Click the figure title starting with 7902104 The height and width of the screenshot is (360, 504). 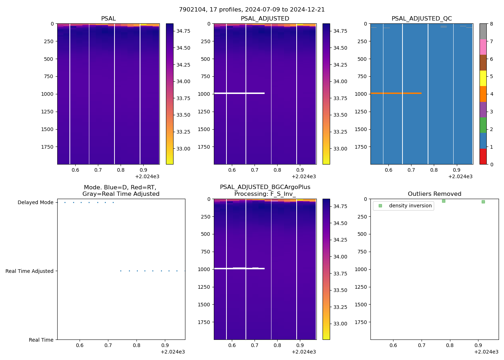[x=252, y=10]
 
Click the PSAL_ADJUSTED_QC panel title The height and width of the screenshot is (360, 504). [x=422, y=19]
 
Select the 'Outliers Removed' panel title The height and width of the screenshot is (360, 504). [x=434, y=194]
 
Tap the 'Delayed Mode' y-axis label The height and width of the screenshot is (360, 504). [x=35, y=203]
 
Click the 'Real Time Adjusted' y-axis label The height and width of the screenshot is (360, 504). [x=30, y=271]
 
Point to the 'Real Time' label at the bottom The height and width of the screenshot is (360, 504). [x=41, y=340]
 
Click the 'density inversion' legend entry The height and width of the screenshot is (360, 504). [x=410, y=206]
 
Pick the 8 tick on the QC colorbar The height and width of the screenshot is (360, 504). [x=491, y=24]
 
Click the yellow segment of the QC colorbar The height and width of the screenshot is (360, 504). [x=483, y=78]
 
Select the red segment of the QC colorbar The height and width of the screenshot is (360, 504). [x=483, y=157]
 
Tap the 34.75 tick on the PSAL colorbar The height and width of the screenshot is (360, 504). [x=183, y=31]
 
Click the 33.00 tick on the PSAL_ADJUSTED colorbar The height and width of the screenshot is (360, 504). [x=340, y=149]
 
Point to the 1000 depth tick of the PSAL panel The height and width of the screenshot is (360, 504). [x=47, y=94]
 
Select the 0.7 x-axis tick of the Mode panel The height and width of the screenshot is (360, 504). [x=108, y=345]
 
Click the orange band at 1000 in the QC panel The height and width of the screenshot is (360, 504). [x=396, y=93]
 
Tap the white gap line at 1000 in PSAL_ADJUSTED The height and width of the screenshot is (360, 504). [x=239, y=93]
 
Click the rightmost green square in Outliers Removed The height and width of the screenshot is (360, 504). [x=483, y=202]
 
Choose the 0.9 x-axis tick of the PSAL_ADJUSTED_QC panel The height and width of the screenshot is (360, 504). [x=456, y=170]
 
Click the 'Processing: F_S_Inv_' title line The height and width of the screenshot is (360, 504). [x=265, y=194]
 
